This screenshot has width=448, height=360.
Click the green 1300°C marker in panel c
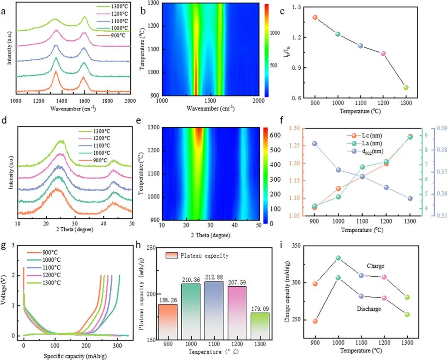406,88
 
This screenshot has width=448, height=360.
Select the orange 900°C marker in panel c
315,17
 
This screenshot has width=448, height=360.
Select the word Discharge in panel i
369,309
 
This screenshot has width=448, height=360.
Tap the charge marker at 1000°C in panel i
338,258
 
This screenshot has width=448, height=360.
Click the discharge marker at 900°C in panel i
315,321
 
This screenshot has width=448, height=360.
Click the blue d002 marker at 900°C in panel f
315,144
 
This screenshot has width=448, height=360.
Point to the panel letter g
4,245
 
